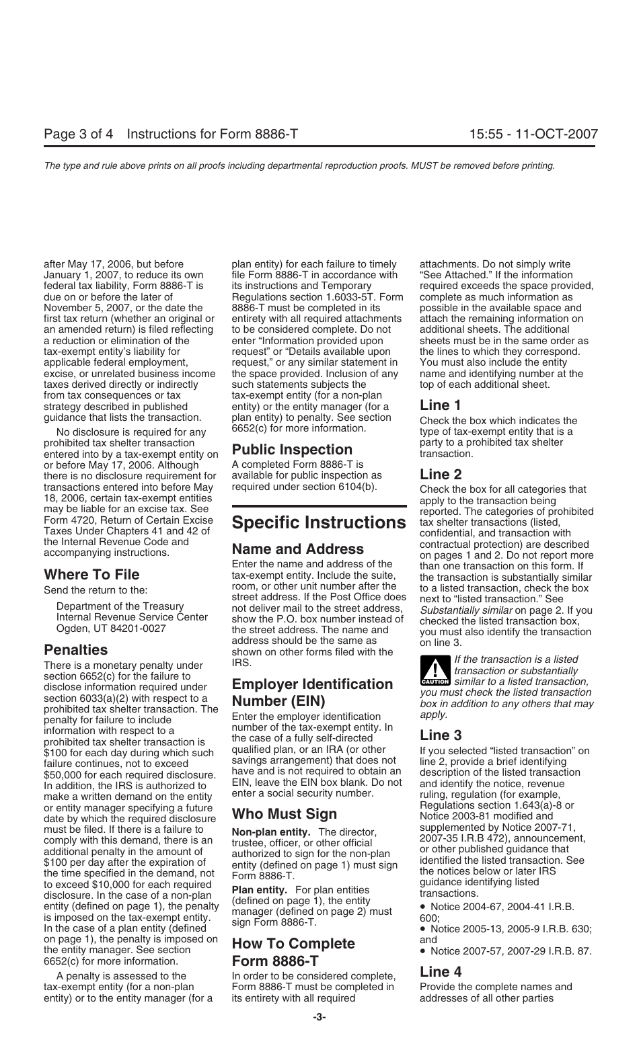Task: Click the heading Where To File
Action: tap(91, 575)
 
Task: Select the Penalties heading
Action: tap(75, 650)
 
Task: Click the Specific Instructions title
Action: tap(319, 522)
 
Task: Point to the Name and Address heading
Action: tap(298, 549)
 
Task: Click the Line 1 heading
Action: tap(441, 405)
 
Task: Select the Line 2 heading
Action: tap(441, 475)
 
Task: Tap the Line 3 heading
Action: tap(441, 735)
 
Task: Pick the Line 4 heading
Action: tap(441, 971)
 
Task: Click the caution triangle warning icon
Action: tap(435, 672)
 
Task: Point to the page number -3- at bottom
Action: tap(319, 1018)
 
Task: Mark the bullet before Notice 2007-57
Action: tap(424, 952)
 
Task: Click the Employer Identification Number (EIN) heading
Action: tap(312, 693)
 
